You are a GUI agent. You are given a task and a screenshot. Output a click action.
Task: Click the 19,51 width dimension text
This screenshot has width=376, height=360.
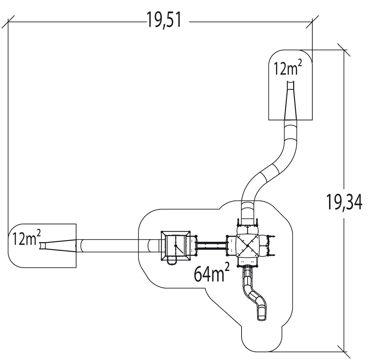(x=164, y=21)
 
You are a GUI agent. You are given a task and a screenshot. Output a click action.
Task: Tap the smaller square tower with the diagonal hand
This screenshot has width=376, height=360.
(x=176, y=245)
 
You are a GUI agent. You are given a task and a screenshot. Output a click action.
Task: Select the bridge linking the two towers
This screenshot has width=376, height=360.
(x=212, y=245)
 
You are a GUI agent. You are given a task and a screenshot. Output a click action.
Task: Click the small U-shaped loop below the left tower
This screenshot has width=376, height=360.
(x=171, y=262)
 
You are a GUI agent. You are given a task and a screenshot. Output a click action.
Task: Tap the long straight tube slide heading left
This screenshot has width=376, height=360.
(x=114, y=246)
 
